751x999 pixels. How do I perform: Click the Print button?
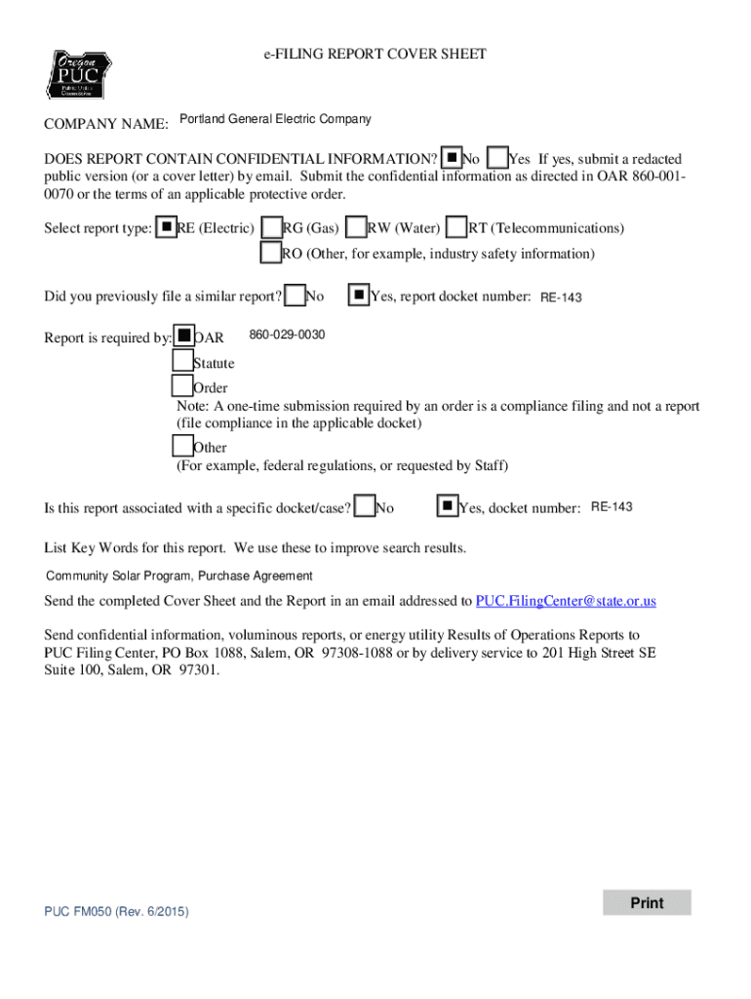[646, 902]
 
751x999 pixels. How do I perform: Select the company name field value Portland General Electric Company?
[274, 119]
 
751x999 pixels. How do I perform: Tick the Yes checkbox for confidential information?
[497, 158]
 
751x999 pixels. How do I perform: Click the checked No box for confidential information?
[452, 158]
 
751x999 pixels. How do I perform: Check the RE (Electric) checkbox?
[167, 227]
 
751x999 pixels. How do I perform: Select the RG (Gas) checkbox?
[272, 227]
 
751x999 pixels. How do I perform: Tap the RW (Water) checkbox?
[357, 227]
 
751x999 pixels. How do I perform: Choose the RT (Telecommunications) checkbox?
[456, 227]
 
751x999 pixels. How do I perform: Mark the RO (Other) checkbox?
[270, 253]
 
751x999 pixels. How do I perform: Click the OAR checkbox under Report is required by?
[183, 337]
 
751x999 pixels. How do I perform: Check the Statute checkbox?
[182, 362]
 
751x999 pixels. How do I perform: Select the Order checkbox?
[182, 387]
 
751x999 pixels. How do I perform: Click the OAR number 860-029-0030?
[287, 336]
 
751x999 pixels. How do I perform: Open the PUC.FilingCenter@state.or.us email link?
[565, 601]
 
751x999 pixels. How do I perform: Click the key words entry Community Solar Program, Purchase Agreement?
[179, 576]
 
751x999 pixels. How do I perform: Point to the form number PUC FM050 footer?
[116, 911]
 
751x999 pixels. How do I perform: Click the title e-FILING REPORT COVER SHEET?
[375, 55]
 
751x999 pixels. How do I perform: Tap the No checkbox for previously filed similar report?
[296, 294]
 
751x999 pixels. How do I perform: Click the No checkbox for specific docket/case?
[366, 506]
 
